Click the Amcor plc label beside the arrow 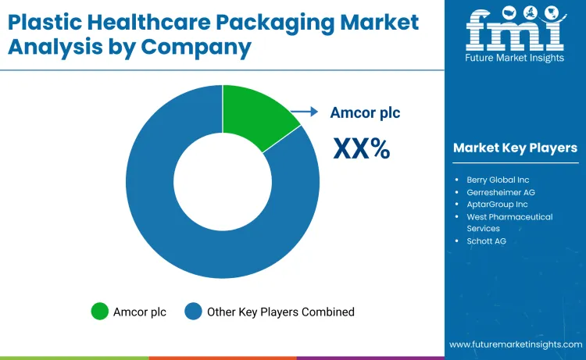pyautogui.click(x=365, y=112)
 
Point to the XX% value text pyautogui.click(x=362, y=148)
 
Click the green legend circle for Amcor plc pyautogui.click(x=100, y=312)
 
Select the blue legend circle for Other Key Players pyautogui.click(x=193, y=312)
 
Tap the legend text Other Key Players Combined pyautogui.click(x=280, y=312)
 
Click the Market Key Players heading pyautogui.click(x=515, y=148)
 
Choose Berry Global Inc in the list pyautogui.click(x=498, y=180)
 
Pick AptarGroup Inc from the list pyautogui.click(x=497, y=205)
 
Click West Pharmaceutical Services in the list pyautogui.click(x=509, y=223)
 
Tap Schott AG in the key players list pyautogui.click(x=486, y=241)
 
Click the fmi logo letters pyautogui.click(x=515, y=33)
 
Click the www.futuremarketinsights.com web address pyautogui.click(x=515, y=344)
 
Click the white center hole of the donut pyautogui.click(x=222, y=181)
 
